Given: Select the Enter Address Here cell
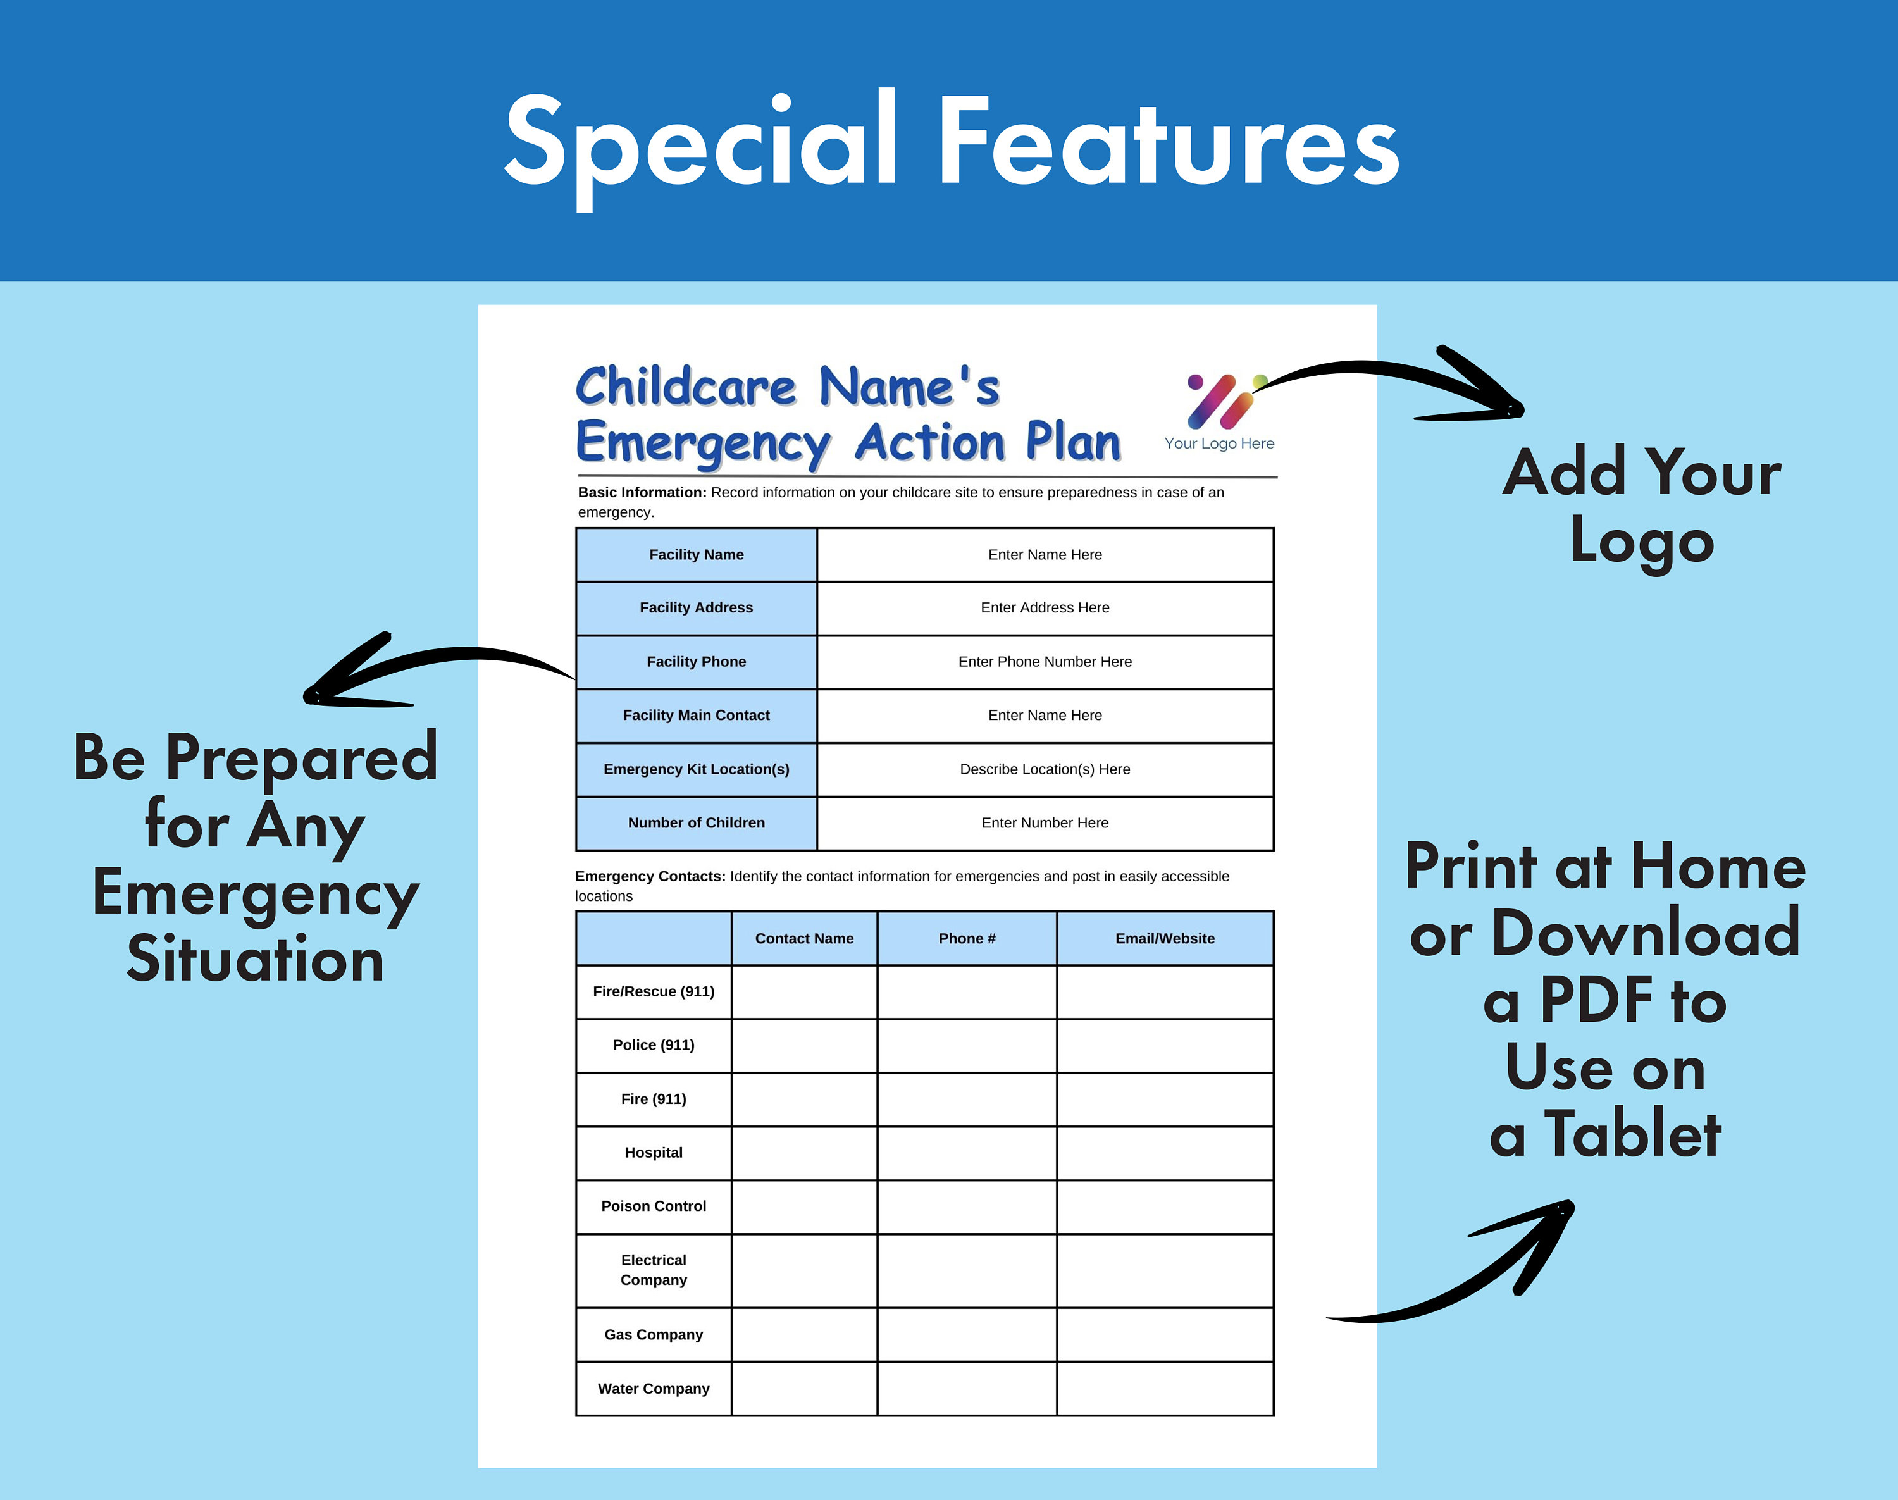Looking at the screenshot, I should click(1045, 608).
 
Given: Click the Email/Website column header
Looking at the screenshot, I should click(1165, 938).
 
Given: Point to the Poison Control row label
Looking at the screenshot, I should click(654, 1206).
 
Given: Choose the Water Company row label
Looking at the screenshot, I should click(654, 1389).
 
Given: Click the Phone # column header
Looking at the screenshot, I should click(966, 938).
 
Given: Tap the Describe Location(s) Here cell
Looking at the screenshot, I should click(1045, 769).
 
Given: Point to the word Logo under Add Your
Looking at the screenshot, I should click(1642, 543).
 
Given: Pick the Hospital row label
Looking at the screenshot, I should click(654, 1152).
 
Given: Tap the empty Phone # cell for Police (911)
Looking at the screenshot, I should click(966, 1045).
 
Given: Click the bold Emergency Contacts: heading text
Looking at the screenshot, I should click(650, 876).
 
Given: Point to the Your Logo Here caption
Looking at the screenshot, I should click(1219, 443).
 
